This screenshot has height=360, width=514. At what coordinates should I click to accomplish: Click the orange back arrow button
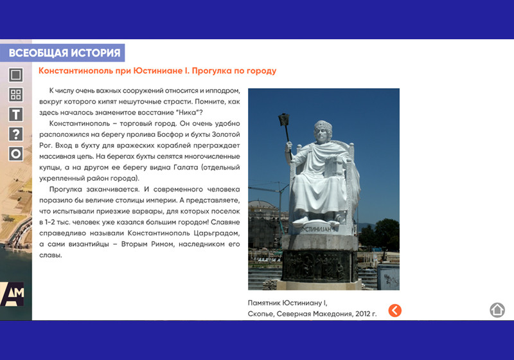pyautogui.click(x=394, y=310)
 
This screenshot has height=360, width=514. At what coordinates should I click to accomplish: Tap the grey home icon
pyautogui.click(x=497, y=310)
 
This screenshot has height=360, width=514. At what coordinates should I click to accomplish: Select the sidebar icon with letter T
pyautogui.click(x=15, y=114)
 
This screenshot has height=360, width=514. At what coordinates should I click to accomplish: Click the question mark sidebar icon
pyautogui.click(x=15, y=134)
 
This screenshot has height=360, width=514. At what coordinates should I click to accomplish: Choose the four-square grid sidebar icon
pyautogui.click(x=15, y=94)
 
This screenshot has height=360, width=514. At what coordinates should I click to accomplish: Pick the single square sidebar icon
pyautogui.click(x=15, y=75)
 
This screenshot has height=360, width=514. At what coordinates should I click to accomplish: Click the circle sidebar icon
pyautogui.click(x=15, y=154)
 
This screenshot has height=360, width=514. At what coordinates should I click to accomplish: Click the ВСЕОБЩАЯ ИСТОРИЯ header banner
pyautogui.click(x=62, y=53)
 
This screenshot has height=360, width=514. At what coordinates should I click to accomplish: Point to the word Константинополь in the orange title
pyautogui.click(x=76, y=71)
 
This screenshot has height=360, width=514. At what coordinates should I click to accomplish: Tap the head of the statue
pyautogui.click(x=323, y=130)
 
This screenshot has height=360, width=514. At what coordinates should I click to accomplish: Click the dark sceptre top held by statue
pyautogui.click(x=284, y=119)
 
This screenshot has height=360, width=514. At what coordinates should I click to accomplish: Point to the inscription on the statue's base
pyautogui.click(x=317, y=230)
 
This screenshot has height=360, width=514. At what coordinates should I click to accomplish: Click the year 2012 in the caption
pyautogui.click(x=363, y=314)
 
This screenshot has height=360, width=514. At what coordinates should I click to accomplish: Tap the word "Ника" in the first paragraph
pyautogui.click(x=187, y=113)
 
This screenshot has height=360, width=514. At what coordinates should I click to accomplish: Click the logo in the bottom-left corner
pyautogui.click(x=12, y=294)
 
